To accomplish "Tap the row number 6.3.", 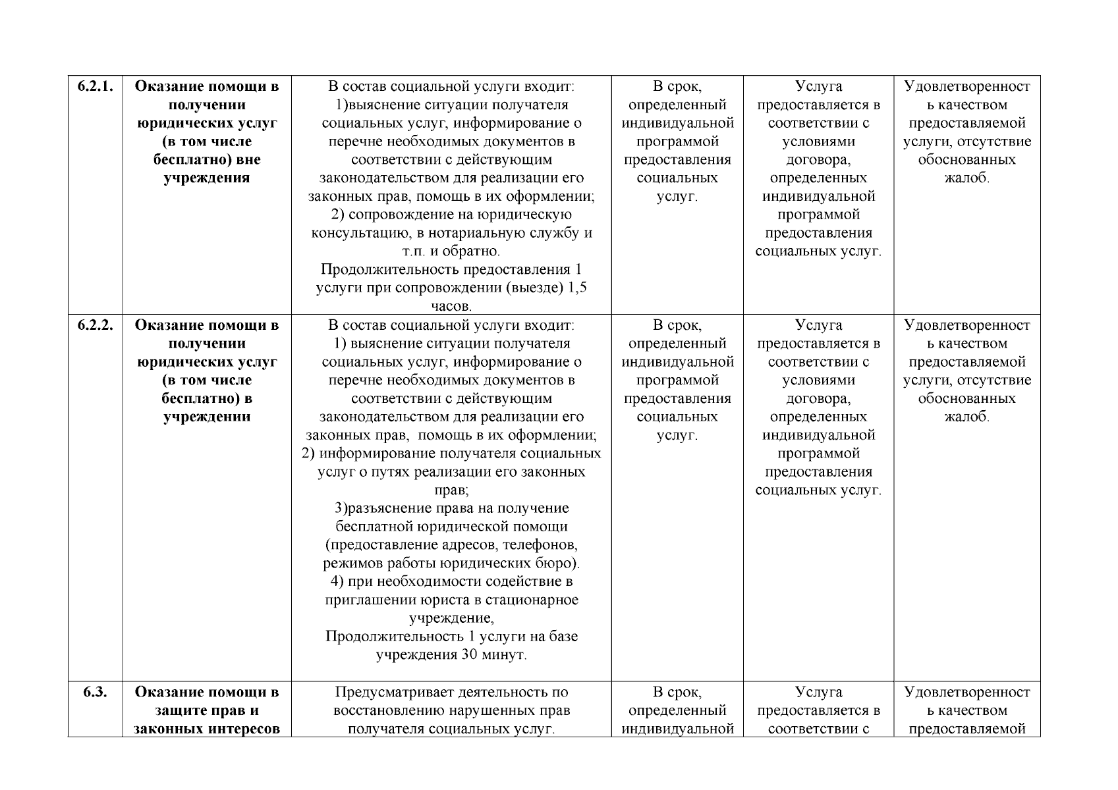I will pyautogui.click(x=95, y=692).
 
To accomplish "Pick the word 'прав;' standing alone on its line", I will pyautogui.click(x=451, y=490).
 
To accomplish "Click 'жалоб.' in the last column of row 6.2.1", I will pyautogui.click(x=966, y=178).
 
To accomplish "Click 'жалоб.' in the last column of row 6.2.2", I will pyautogui.click(x=966, y=417).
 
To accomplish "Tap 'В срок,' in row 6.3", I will pyautogui.click(x=677, y=692).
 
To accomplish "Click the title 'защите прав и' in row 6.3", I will pyautogui.click(x=207, y=710).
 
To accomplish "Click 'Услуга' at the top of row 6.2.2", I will pyautogui.click(x=818, y=325).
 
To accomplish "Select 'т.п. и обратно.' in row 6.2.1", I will pyautogui.click(x=451, y=251).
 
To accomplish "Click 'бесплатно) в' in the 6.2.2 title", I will pyautogui.click(x=207, y=398).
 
